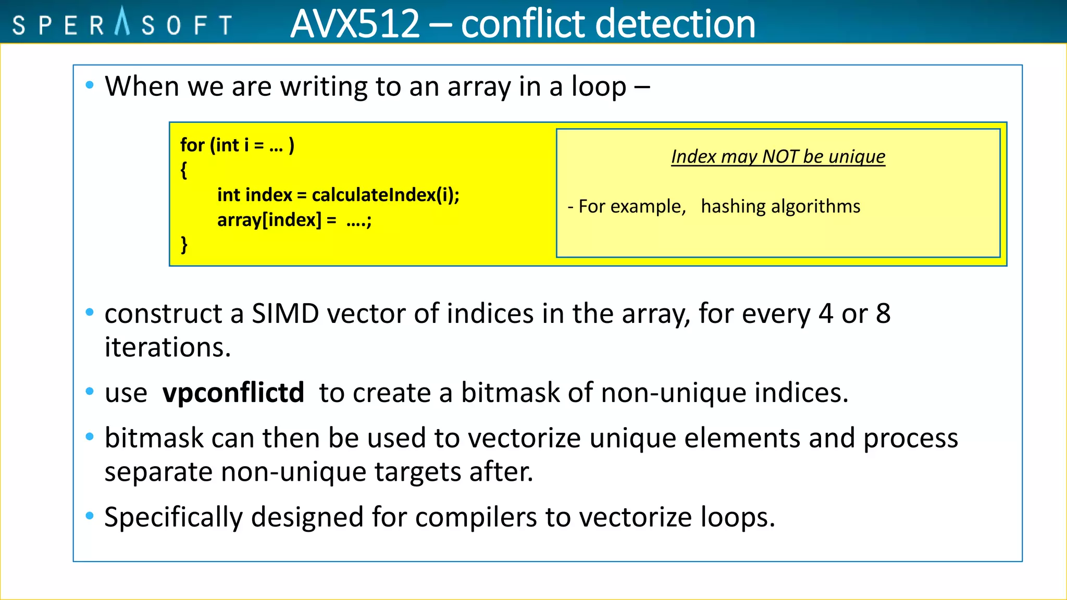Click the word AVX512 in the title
point(355,24)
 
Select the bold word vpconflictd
point(233,393)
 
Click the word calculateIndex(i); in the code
point(386,195)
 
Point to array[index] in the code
point(269,220)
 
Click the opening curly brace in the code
point(184,170)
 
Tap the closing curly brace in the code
point(184,244)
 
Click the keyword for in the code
point(192,145)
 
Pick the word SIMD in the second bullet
point(285,314)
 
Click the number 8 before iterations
point(883,314)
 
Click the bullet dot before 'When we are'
point(90,85)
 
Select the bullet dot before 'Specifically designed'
point(90,516)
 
